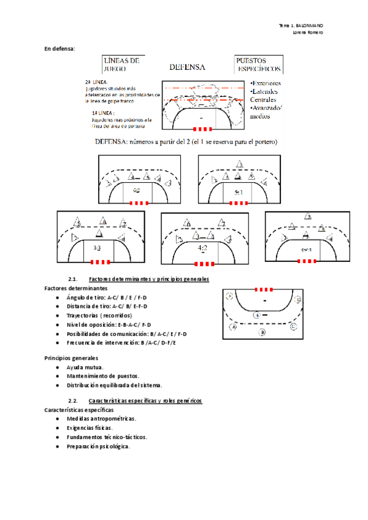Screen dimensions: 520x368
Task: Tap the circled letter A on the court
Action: pyautogui.click(x=234, y=327)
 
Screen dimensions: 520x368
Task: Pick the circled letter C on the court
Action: pyautogui.click(x=293, y=326)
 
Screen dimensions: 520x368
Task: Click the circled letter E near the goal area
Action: pyautogui.click(x=258, y=315)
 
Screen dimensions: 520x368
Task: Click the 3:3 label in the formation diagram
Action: pyautogui.click(x=97, y=248)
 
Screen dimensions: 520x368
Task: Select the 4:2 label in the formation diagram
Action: pyautogui.click(x=204, y=248)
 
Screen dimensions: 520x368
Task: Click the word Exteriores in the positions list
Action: pyautogui.click(x=266, y=83)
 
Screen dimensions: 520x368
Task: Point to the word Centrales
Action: pyautogui.click(x=263, y=100)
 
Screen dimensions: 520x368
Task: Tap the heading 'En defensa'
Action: pyautogui.click(x=59, y=48)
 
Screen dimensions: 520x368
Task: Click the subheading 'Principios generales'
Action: pyautogui.click(x=69, y=357)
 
